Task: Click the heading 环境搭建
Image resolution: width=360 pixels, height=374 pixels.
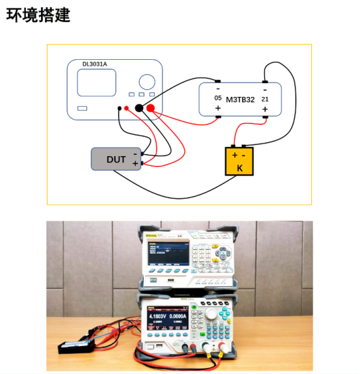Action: (38, 15)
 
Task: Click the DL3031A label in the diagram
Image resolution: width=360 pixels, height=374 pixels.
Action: (95, 64)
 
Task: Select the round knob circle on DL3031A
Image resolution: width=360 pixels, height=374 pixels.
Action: (148, 81)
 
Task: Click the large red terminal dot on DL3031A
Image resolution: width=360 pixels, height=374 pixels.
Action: (151, 108)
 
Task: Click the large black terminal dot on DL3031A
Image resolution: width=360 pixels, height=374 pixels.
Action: (139, 108)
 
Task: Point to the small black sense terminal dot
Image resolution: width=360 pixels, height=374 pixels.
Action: (119, 108)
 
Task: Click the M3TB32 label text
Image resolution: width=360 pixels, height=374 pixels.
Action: (240, 99)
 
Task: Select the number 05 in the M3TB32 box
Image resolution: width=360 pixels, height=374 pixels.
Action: (218, 98)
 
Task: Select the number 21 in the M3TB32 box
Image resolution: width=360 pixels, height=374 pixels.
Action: (264, 99)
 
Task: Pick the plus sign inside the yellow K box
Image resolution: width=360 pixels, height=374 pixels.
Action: (234, 155)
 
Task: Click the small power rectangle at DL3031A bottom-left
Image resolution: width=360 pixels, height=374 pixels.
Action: (82, 109)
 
